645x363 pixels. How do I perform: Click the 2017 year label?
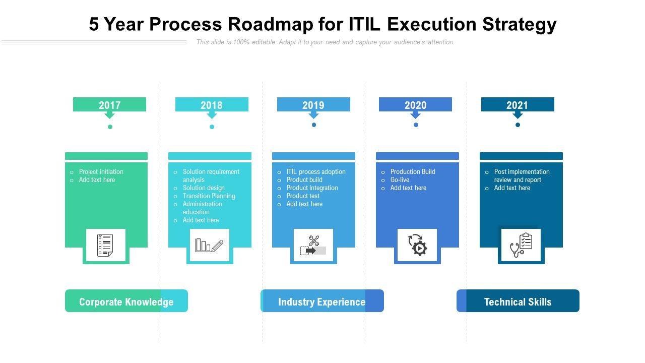(109, 105)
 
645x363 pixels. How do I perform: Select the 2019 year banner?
(313, 105)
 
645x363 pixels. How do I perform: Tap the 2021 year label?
(517, 105)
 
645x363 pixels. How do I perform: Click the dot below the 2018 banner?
(212, 127)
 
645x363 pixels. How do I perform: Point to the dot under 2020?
(416, 125)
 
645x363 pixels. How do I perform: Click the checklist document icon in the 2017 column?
(105, 245)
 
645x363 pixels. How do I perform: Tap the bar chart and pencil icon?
(209, 245)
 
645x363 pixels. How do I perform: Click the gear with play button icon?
(417, 245)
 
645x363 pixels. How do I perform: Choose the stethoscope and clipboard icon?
(521, 245)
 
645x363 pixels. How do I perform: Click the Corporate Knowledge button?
(126, 301)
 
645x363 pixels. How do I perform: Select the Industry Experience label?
(321, 301)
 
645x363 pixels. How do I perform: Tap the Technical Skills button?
(518, 301)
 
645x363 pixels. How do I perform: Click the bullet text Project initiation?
(101, 171)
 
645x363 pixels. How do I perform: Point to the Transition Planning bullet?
(209, 196)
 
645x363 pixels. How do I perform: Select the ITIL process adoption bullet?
(316, 171)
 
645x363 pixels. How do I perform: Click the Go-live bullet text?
(400, 179)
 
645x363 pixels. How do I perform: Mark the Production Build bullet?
(413, 171)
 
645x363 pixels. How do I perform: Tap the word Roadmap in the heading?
(265, 24)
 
